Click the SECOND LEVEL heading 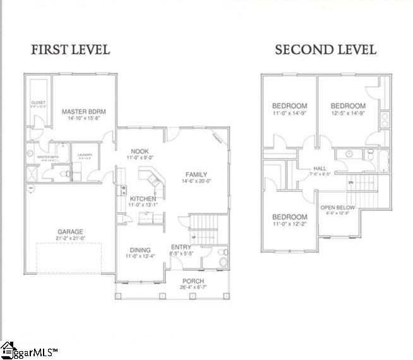[325, 49]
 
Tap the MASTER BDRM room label [83, 112]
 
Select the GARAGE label [69, 232]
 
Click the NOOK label [140, 151]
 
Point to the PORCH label [193, 281]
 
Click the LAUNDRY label [85, 155]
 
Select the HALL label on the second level [320, 169]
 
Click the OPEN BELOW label [337, 207]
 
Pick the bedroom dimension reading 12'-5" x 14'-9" [348, 113]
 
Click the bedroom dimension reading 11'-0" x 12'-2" [289, 222]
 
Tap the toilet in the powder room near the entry [222, 258]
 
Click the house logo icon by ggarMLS [8, 349]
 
